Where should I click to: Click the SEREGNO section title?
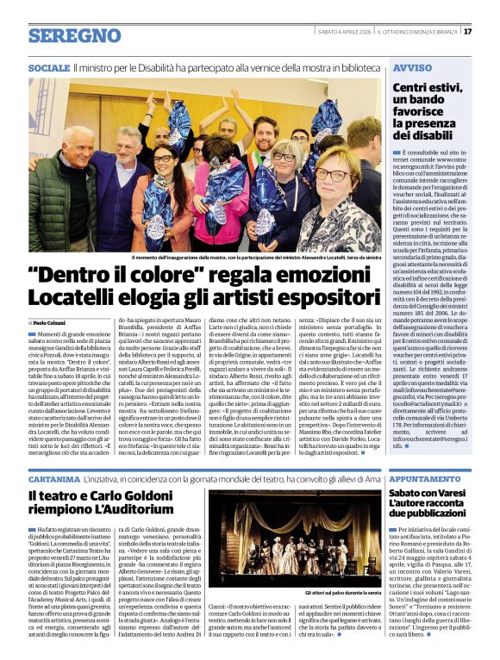tap(74, 36)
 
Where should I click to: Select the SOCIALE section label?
tap(48, 67)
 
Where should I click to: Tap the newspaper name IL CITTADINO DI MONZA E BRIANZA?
tap(417, 32)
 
